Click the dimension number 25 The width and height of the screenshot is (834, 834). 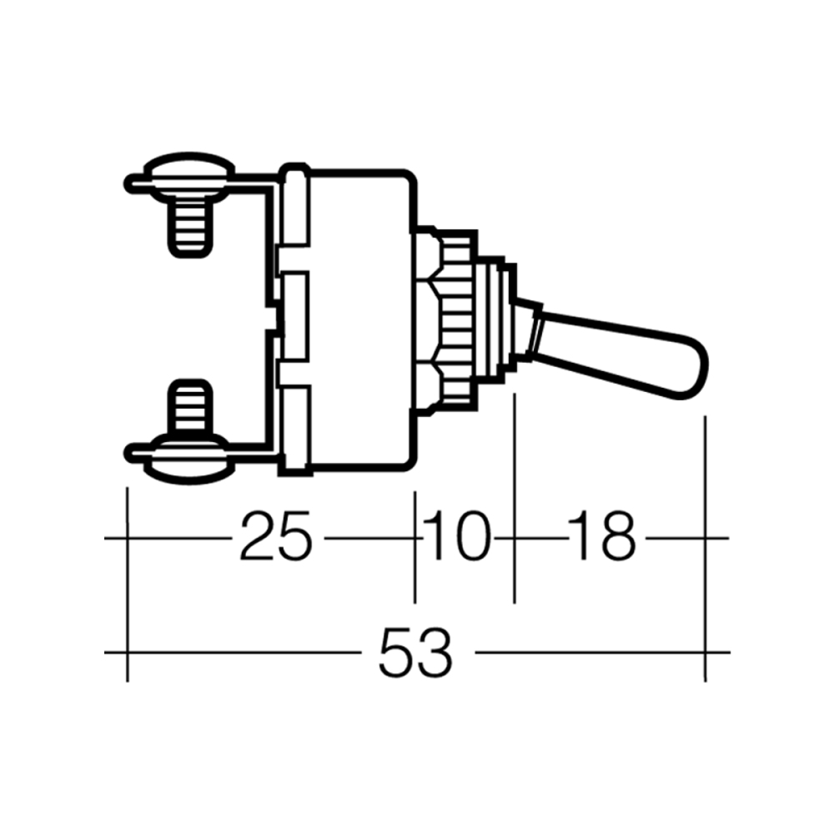point(275,538)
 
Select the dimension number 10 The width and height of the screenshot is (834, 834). point(456,538)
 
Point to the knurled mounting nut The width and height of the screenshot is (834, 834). point(457,321)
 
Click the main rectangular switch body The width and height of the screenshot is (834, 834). point(359,321)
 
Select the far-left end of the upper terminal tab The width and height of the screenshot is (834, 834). point(130,183)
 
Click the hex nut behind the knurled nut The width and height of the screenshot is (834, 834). point(429,321)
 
